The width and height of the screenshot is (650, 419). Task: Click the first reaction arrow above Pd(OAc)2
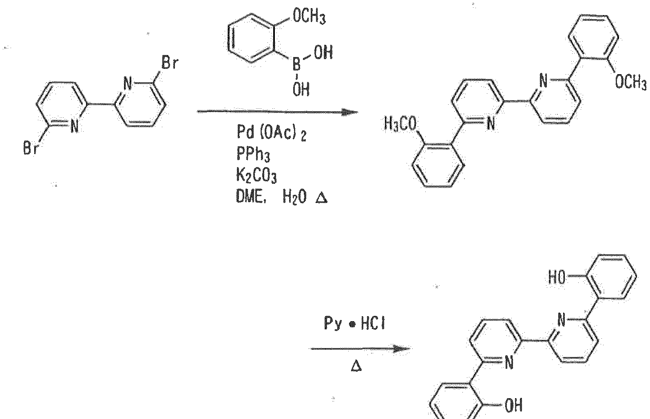277,112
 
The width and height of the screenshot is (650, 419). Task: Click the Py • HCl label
354,324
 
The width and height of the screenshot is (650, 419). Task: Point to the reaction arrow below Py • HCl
359,348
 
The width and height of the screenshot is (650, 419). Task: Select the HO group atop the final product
557,278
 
